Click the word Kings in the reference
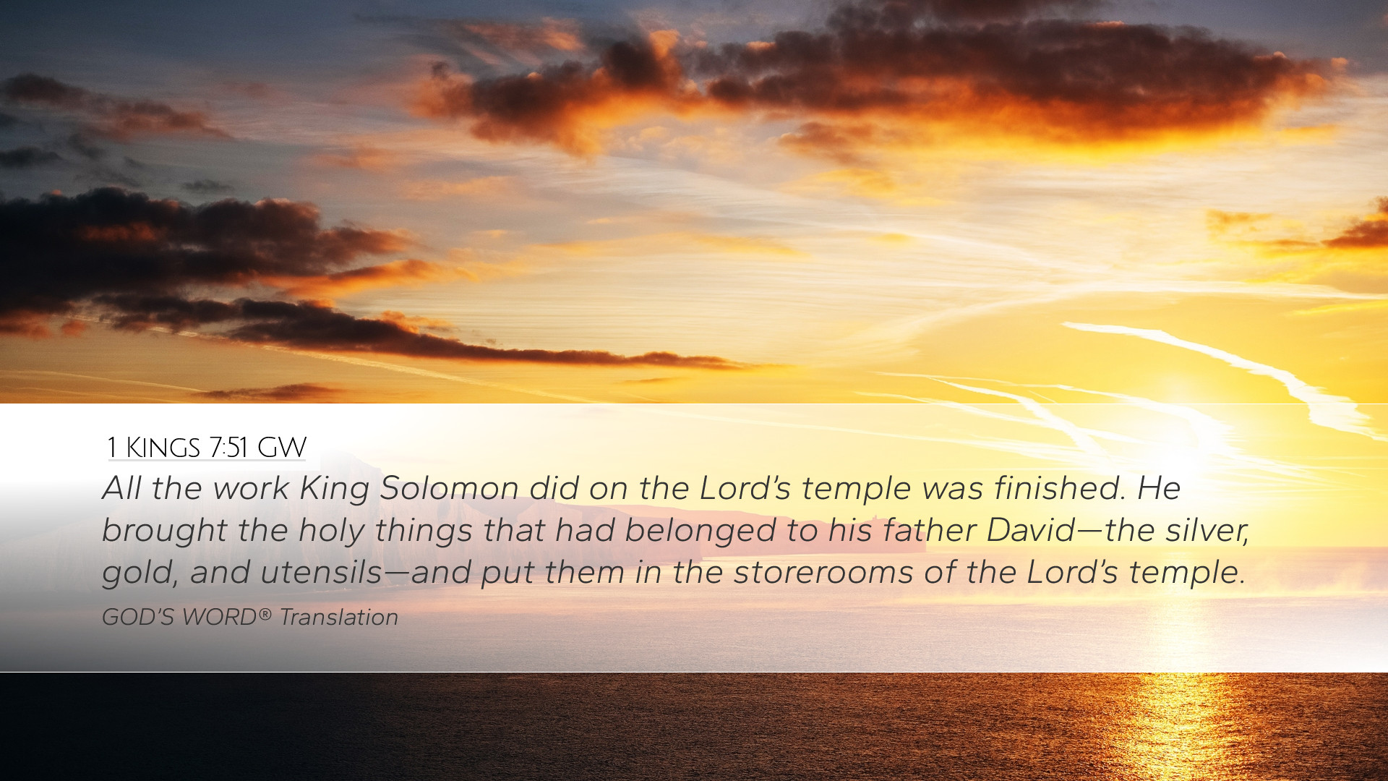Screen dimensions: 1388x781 163,448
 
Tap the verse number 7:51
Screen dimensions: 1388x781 228,448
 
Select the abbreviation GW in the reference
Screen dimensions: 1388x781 282,448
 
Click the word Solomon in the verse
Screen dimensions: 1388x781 450,488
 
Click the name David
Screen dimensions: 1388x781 1031,530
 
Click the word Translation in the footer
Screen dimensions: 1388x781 339,617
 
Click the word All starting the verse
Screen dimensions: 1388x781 121,488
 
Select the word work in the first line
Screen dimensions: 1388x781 251,488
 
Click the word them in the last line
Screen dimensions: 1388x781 584,573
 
